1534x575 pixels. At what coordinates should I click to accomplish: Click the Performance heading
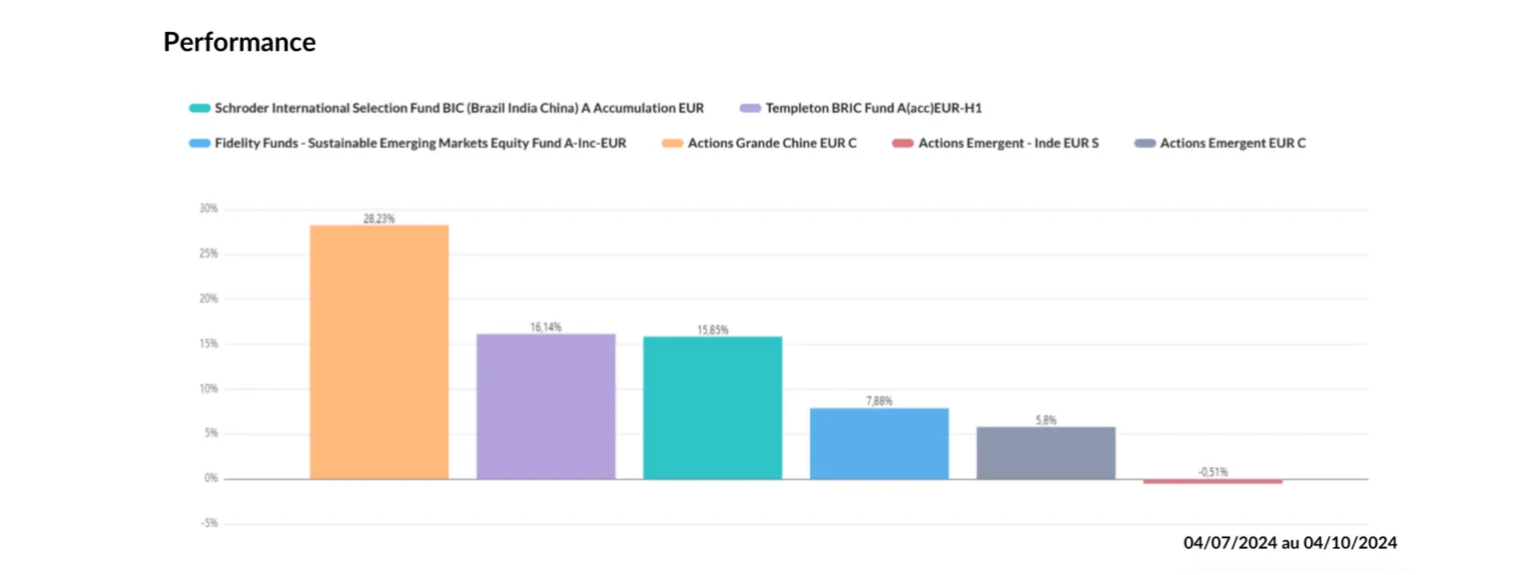(x=239, y=42)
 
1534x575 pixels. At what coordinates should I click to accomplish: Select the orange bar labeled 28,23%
(x=379, y=352)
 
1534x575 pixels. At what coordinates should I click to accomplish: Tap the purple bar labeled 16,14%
(x=545, y=406)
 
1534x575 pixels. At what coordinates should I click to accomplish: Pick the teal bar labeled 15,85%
(x=712, y=408)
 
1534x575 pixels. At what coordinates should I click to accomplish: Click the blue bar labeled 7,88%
(x=879, y=443)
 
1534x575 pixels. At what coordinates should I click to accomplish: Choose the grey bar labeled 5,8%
(x=1046, y=453)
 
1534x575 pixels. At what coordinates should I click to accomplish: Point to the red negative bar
(x=1212, y=481)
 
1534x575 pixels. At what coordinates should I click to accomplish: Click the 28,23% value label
(x=379, y=218)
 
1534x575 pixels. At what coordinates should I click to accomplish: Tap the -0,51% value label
(x=1212, y=471)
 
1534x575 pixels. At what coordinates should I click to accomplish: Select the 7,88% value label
(x=879, y=400)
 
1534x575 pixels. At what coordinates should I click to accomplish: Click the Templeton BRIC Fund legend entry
(x=874, y=108)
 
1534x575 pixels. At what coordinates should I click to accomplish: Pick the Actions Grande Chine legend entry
(x=772, y=143)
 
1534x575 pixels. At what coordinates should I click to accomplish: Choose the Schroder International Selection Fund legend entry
(x=458, y=108)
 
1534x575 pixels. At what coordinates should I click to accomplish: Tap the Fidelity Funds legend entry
(x=419, y=143)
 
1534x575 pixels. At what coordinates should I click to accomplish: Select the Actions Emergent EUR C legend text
(x=1232, y=143)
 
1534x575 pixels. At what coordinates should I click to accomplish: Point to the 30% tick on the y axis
(x=208, y=209)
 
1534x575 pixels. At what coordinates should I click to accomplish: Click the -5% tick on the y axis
(x=210, y=523)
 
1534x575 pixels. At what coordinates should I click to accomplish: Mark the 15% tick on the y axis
(x=208, y=343)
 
